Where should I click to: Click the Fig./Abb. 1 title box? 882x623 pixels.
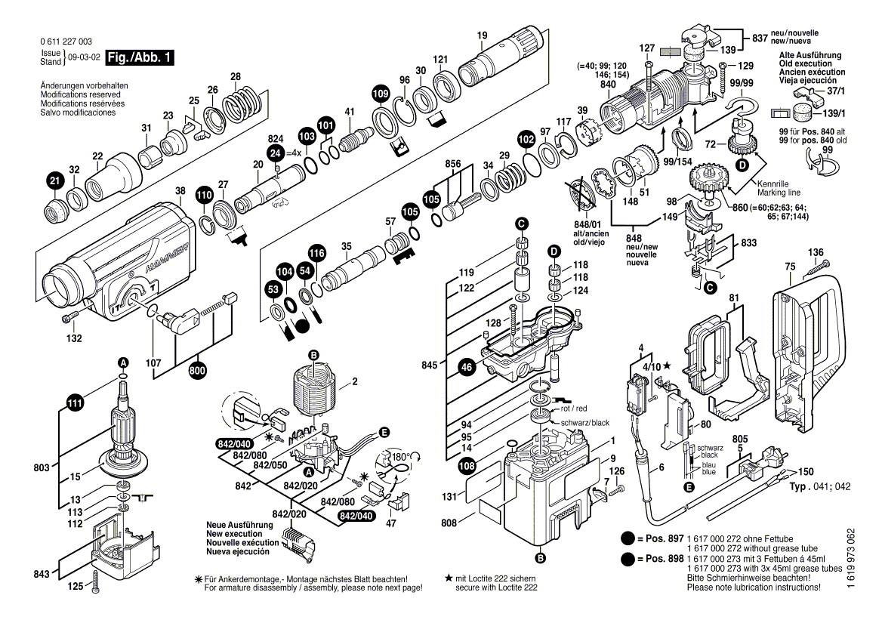point(140,58)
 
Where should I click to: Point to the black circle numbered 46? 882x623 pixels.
point(467,368)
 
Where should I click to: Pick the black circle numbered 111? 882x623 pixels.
point(74,404)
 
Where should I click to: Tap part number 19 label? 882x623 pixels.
point(483,35)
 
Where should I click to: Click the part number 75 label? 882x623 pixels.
point(790,266)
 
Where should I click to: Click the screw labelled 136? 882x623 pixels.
point(819,267)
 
